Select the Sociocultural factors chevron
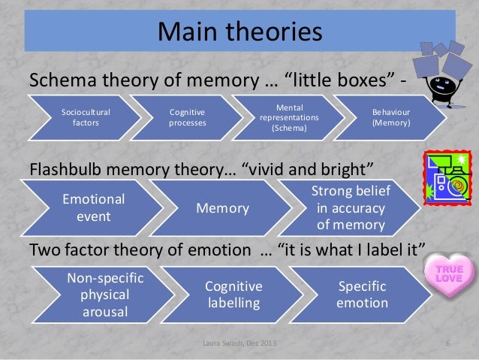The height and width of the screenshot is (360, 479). pyautogui.click(x=85, y=117)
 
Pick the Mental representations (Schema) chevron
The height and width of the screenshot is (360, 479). pyautogui.click(x=290, y=117)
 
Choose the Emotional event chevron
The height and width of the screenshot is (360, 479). pyautogui.click(x=93, y=207)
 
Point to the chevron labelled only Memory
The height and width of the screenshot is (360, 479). pyautogui.click(x=222, y=208)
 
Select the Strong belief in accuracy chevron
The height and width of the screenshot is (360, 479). pyautogui.click(x=350, y=207)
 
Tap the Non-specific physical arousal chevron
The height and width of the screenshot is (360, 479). pyautogui.click(x=105, y=295)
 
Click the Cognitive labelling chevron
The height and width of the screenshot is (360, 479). pyautogui.click(x=233, y=295)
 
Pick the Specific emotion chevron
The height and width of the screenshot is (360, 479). pyautogui.click(x=363, y=295)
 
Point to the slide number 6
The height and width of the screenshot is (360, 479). pyautogui.click(x=447, y=344)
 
